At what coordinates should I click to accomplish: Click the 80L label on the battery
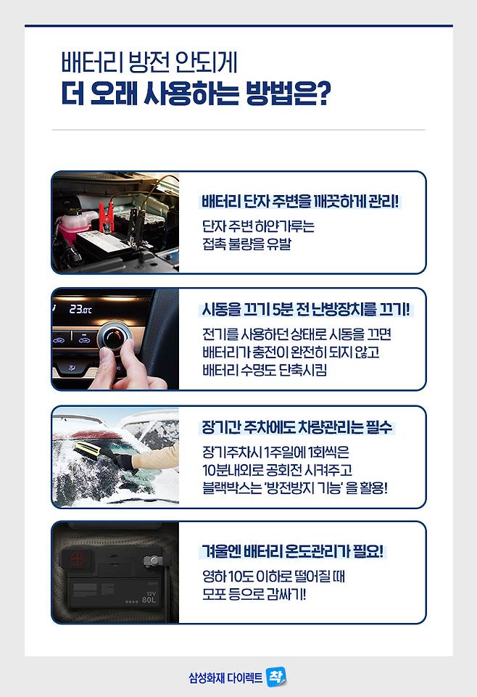point(149,600)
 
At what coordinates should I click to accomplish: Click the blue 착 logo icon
point(275,677)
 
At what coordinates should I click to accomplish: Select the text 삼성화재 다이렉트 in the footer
point(225,678)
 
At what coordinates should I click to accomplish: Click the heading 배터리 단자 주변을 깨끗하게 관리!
point(300,202)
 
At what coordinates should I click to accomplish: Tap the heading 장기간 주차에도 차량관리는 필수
point(297,427)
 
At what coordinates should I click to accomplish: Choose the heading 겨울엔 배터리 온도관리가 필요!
point(292,552)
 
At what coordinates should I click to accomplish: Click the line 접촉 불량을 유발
point(246,244)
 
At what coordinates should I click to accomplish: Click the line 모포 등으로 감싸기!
point(254,594)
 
